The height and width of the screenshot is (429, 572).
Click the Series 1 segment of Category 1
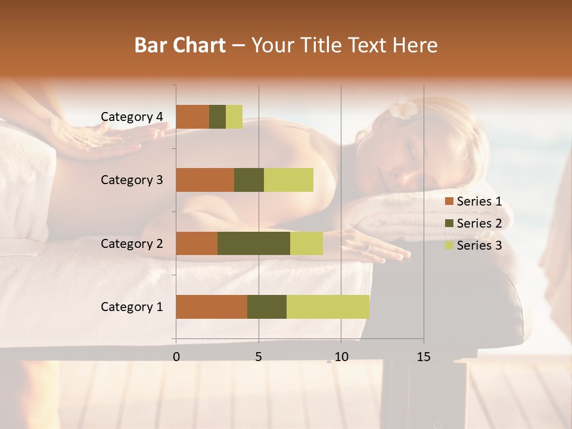(x=212, y=307)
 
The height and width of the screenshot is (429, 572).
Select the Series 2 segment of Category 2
(x=254, y=243)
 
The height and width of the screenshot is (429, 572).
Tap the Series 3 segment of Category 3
(x=288, y=180)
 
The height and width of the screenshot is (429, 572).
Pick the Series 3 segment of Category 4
(x=234, y=117)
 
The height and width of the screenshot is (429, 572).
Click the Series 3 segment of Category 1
(x=328, y=307)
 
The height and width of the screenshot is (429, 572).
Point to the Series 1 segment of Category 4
(x=192, y=117)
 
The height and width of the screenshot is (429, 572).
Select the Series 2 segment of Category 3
(x=249, y=180)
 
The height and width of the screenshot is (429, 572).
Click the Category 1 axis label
(x=132, y=307)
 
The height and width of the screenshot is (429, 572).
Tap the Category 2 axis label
(x=132, y=243)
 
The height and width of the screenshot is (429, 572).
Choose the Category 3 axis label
(x=132, y=180)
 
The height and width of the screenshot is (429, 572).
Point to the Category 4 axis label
(x=132, y=117)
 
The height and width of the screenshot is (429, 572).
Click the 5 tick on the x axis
(x=259, y=357)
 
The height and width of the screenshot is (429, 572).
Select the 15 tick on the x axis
(x=424, y=357)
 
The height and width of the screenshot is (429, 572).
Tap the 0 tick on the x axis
(x=176, y=357)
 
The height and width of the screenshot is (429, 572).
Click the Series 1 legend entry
(x=473, y=201)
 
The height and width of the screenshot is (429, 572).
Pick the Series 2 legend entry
(x=473, y=223)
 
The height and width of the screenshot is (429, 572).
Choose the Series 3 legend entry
(x=473, y=245)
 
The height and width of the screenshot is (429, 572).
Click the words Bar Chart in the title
(x=180, y=45)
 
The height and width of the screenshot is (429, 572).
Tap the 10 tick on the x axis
(x=341, y=357)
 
